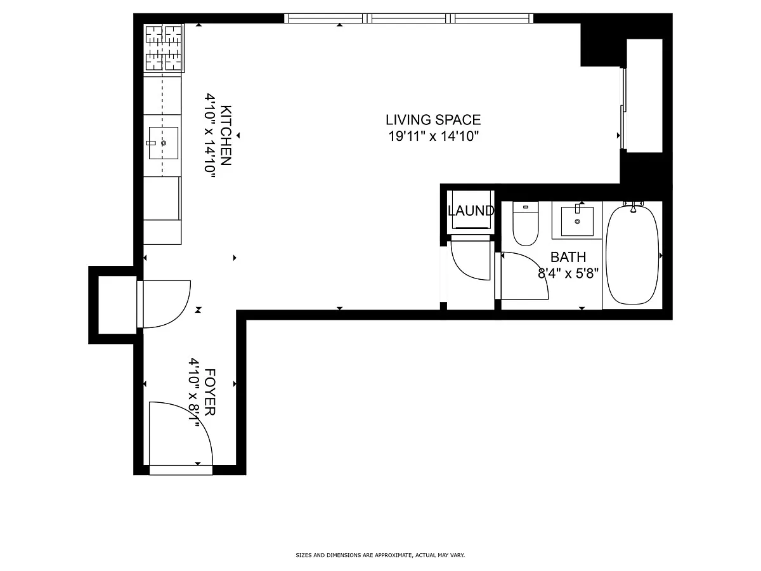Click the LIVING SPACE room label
point(433,120)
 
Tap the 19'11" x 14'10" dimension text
point(433,136)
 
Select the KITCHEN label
point(226,135)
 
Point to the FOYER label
point(210,392)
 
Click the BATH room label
point(568,257)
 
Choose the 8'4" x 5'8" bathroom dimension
point(568,273)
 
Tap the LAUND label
point(471,211)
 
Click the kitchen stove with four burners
point(164,48)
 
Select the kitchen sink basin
point(163,143)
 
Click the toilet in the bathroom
point(526,223)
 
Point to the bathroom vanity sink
point(577,221)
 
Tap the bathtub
point(632,255)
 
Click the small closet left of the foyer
point(117,305)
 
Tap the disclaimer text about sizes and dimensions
point(380,555)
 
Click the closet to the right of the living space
point(644,96)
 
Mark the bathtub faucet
point(633,207)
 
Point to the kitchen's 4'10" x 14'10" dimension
point(209,135)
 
